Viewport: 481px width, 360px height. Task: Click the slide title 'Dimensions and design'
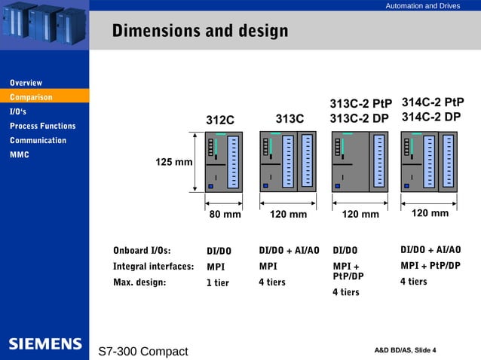click(200, 32)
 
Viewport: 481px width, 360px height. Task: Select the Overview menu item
click(26, 83)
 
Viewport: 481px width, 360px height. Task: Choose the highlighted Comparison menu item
click(31, 97)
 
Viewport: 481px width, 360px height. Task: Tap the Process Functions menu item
click(42, 126)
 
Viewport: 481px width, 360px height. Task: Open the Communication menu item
click(38, 140)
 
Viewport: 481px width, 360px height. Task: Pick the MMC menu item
click(20, 154)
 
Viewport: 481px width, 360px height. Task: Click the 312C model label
click(220, 120)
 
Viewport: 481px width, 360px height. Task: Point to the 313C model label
click(290, 118)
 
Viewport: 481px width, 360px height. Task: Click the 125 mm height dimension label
click(173, 163)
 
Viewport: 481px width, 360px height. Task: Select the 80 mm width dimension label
click(225, 215)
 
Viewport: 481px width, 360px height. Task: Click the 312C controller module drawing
click(224, 161)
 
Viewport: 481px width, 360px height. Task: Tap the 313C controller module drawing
click(287, 161)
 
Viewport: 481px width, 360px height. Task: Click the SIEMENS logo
click(45, 344)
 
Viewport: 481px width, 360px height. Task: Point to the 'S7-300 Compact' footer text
click(143, 352)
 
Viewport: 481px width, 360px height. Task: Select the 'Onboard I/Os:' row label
click(142, 251)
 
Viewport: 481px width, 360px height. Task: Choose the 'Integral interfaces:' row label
click(153, 266)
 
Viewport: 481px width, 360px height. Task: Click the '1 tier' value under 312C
click(218, 283)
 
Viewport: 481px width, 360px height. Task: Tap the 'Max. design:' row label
click(139, 282)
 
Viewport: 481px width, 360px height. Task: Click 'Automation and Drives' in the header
click(422, 6)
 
